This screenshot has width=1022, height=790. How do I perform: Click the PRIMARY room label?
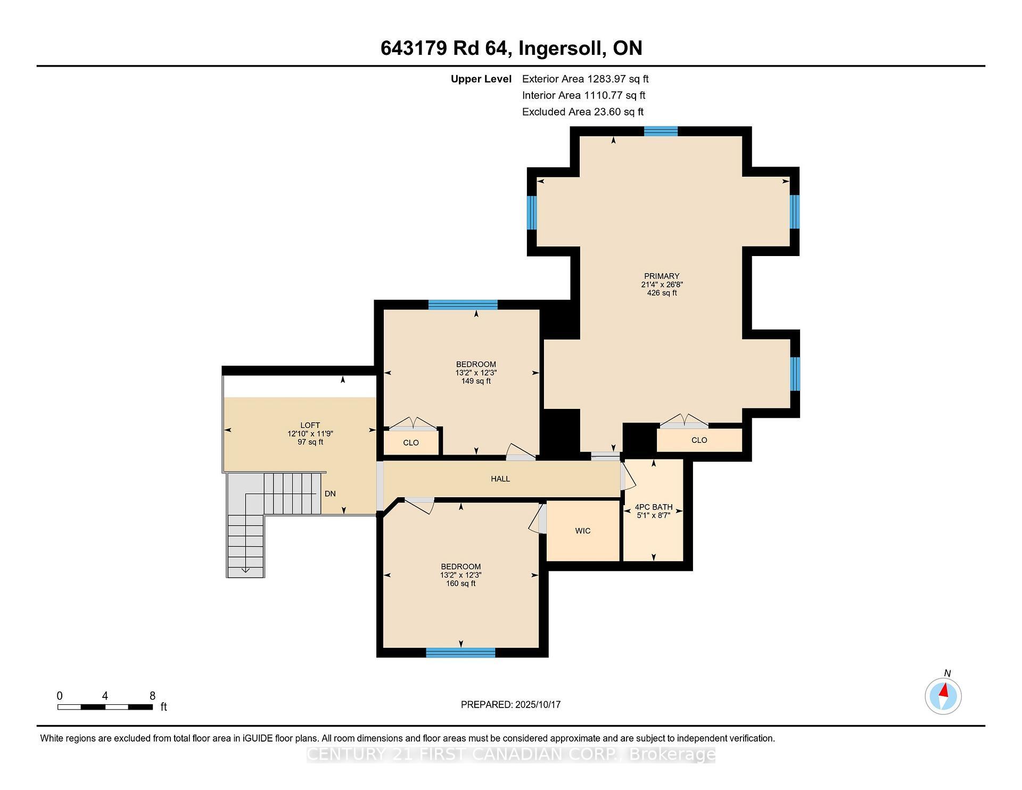coord(662,276)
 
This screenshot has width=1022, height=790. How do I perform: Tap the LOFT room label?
coord(310,425)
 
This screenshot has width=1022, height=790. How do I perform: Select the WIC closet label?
coord(583,531)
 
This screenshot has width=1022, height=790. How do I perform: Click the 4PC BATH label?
coord(653,507)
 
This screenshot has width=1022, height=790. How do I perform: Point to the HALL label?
coord(500,479)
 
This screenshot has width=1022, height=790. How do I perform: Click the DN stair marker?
coord(330,493)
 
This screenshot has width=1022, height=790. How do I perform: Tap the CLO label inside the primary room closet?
coord(699,440)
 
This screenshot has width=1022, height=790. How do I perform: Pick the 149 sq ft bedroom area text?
coord(476,381)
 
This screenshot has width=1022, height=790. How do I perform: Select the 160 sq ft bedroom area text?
coord(460,583)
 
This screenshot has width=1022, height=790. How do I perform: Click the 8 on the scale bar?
coord(152,696)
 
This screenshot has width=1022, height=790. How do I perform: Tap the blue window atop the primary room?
coord(661,131)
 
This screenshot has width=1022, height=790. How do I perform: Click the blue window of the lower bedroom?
coord(460,653)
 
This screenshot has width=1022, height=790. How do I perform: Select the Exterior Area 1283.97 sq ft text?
coord(585,79)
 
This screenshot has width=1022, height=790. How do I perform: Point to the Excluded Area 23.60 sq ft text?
coord(582,112)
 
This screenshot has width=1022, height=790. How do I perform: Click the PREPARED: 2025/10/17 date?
coord(510,704)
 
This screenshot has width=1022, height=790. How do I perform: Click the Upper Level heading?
coord(481,79)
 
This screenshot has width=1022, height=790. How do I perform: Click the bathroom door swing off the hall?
coord(628,476)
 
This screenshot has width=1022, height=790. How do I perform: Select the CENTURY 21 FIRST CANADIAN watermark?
coord(511,754)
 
